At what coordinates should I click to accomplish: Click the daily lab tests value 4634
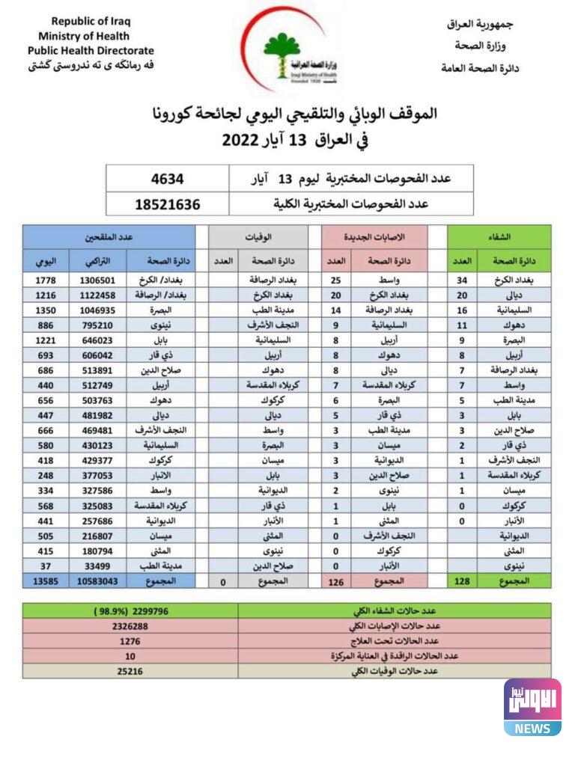168,179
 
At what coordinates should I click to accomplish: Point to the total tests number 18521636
168,203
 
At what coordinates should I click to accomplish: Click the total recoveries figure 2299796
130,611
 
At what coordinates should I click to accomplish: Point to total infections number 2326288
130,626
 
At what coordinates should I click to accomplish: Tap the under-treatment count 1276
130,641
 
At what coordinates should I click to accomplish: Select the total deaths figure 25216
130,672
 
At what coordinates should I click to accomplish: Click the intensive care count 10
130,657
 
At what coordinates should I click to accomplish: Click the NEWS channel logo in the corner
532,707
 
